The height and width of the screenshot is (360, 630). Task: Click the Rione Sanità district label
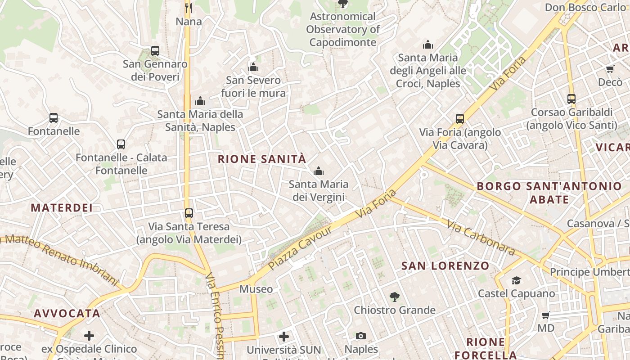coord(262,159)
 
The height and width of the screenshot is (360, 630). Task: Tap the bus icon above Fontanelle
coord(54,118)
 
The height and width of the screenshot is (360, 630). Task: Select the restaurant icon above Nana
coord(189,8)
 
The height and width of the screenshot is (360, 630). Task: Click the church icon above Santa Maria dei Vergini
coord(319,171)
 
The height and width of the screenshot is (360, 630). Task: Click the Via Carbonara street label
coord(481,237)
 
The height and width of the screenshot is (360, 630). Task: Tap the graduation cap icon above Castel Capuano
coord(516,281)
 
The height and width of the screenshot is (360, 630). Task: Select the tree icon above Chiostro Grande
coord(395,297)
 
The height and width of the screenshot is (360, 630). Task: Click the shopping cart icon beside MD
coord(546,315)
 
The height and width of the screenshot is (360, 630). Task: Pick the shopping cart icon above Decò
coord(610,69)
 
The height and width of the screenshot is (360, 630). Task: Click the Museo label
coord(256,289)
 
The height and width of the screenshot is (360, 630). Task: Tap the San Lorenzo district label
coord(445,266)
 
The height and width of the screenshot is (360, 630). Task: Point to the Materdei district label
coord(62,208)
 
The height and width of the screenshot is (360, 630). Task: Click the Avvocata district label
coord(67,314)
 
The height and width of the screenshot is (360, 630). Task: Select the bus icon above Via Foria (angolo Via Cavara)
coord(460,119)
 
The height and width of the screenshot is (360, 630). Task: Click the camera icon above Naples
coord(361,336)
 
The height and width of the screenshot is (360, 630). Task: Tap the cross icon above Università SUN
coord(284,337)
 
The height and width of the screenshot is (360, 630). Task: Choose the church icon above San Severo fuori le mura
coord(253,67)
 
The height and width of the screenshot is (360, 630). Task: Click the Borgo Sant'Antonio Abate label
coord(549,193)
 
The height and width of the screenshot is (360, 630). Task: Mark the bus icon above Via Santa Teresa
coord(189,213)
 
